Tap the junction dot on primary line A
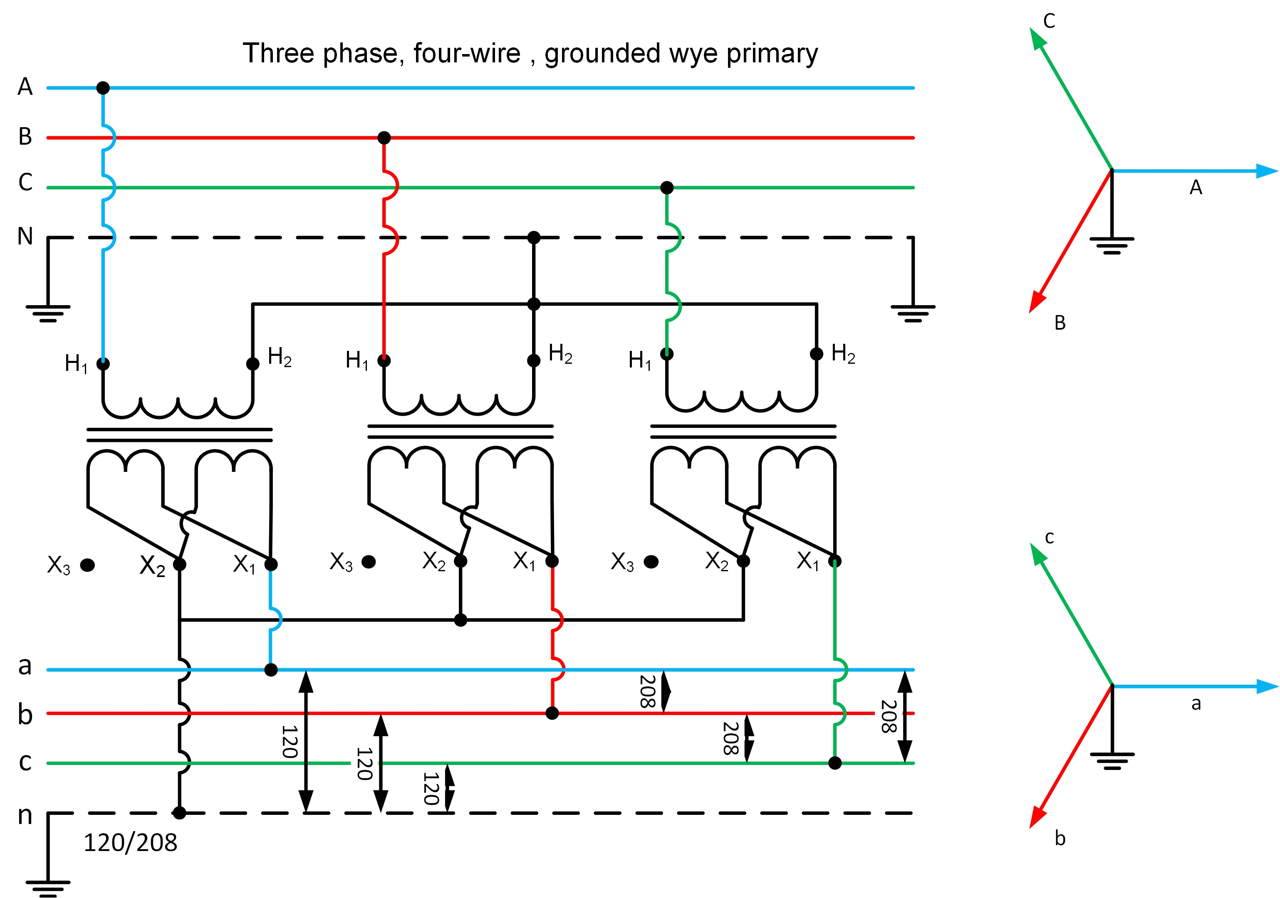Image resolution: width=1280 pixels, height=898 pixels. tap(103, 88)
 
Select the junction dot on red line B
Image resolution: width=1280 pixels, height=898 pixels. tap(384, 138)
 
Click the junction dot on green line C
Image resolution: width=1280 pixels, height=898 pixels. tap(667, 188)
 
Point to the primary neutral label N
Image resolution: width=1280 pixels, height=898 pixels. tap(25, 236)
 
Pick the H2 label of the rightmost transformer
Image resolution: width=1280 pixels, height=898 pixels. tap(843, 353)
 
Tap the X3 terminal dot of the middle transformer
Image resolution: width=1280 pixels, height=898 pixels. tap(369, 562)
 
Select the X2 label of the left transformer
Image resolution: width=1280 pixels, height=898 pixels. tap(152, 565)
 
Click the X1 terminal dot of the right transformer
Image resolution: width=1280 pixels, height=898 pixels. tap(834, 561)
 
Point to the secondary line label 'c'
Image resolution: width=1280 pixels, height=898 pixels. tap(25, 762)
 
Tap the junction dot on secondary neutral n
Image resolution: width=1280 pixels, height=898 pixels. tap(179, 813)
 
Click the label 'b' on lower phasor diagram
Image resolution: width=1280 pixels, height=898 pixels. tap(1060, 839)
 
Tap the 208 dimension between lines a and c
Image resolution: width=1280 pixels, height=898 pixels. tap(889, 716)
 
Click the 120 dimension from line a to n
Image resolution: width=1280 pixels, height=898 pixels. tap(290, 741)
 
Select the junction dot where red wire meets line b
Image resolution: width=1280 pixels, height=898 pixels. tap(552, 713)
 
